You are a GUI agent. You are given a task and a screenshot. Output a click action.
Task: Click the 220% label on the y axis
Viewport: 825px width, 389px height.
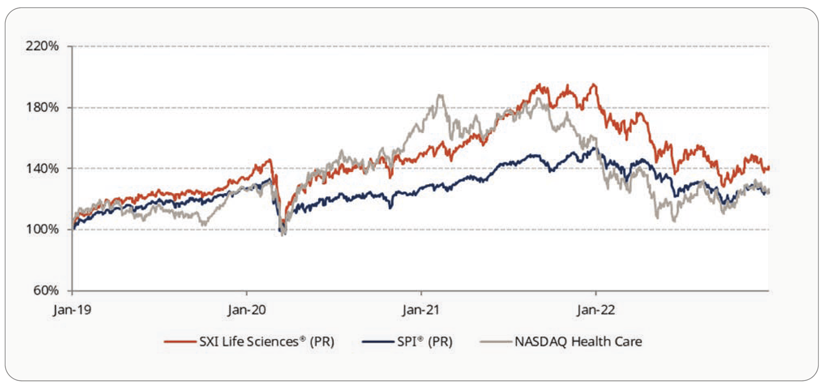point(42,46)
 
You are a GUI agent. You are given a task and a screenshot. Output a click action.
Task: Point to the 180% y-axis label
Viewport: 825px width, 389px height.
point(42,107)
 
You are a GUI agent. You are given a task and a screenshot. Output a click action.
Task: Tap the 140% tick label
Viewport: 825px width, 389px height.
point(42,168)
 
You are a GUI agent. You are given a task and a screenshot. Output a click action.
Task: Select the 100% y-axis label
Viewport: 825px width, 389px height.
point(42,229)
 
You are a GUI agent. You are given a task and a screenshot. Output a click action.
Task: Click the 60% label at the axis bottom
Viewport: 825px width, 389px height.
point(46,290)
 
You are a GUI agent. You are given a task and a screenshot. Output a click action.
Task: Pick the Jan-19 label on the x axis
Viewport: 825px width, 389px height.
point(72,310)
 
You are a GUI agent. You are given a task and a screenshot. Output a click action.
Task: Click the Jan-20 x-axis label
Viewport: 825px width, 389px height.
point(247,310)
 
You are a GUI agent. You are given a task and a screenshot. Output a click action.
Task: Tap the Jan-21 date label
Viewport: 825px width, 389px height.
point(421,310)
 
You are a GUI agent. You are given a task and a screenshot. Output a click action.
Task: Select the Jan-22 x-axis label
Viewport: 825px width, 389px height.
point(596,310)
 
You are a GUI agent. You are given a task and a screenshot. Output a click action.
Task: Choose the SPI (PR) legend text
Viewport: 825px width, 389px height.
point(425,342)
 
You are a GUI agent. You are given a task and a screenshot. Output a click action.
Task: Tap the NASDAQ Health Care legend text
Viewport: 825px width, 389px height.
point(578,342)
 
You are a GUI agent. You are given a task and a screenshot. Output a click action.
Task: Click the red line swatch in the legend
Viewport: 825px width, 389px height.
point(180,342)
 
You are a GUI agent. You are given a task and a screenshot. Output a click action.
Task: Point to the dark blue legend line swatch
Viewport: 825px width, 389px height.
point(377,342)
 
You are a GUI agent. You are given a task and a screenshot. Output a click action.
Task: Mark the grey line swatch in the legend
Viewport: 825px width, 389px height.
point(495,342)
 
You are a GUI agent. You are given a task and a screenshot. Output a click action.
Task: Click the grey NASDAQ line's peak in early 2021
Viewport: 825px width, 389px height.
point(440,95)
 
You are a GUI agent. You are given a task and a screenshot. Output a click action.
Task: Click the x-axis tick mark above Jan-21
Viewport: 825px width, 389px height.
point(421,292)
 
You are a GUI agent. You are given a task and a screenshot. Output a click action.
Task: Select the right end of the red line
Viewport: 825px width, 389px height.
point(769,168)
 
